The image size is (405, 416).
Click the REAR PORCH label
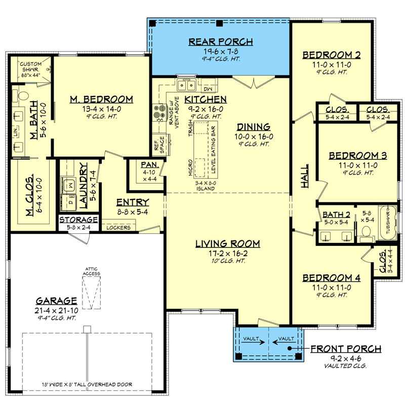click(x=220, y=41)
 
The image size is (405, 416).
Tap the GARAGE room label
click(x=56, y=300)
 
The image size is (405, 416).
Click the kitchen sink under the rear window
click(x=187, y=84)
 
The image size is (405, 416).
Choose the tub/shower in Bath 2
click(x=388, y=224)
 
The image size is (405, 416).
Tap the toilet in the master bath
click(x=21, y=95)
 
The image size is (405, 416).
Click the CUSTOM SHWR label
click(x=30, y=67)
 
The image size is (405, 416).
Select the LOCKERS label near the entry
click(x=118, y=228)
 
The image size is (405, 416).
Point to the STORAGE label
click(x=78, y=220)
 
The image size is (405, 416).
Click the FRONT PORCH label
click(x=345, y=349)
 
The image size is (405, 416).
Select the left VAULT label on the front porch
click(x=249, y=338)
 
